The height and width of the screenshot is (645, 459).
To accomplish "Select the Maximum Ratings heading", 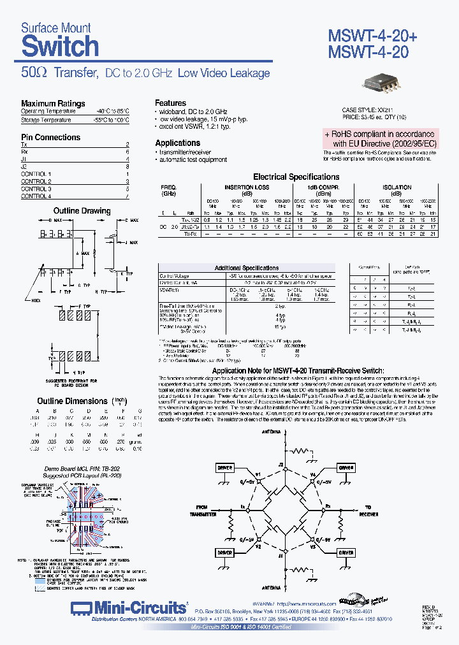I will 53,103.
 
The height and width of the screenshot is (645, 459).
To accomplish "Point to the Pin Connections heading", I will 50,137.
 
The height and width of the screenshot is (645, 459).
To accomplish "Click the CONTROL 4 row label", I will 36,196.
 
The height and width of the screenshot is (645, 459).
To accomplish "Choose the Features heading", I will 171,103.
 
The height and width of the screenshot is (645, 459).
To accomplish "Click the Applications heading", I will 178,143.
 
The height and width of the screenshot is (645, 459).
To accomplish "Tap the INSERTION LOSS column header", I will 247,187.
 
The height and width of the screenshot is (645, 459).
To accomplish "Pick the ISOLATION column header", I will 397,187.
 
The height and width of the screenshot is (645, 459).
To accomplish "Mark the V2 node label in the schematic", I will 258,546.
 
